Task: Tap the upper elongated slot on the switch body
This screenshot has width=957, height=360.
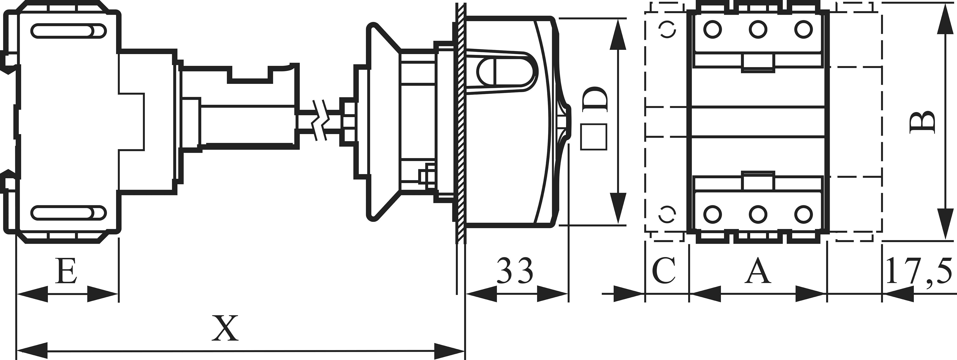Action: pos(69,31)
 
